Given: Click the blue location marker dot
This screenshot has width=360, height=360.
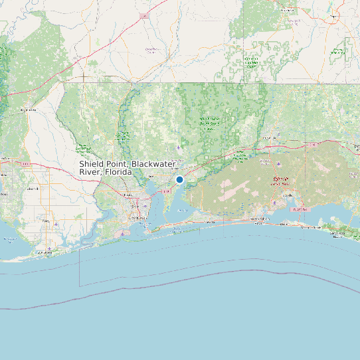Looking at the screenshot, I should tap(179, 179).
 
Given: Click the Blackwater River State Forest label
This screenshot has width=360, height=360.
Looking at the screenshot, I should tap(210, 122).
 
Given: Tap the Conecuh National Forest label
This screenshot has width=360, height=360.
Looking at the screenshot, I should tap(251, 64).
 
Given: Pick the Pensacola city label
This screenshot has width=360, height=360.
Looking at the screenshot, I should tap(135, 206).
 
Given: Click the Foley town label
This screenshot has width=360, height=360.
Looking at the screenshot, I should tap(47, 221).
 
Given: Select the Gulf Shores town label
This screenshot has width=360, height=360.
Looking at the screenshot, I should tap(45, 252).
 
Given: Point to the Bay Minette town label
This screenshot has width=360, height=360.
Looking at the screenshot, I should tap(28, 109).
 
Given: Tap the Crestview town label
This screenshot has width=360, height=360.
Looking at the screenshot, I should tap(270, 138).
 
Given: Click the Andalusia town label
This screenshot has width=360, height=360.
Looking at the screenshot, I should tap(288, 11).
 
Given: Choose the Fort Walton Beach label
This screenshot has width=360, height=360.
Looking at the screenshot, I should tap(256, 219).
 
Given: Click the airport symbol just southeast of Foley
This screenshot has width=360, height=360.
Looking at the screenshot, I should tap(57, 224).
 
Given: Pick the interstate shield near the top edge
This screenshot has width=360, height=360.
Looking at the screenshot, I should tap(143, 15).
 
